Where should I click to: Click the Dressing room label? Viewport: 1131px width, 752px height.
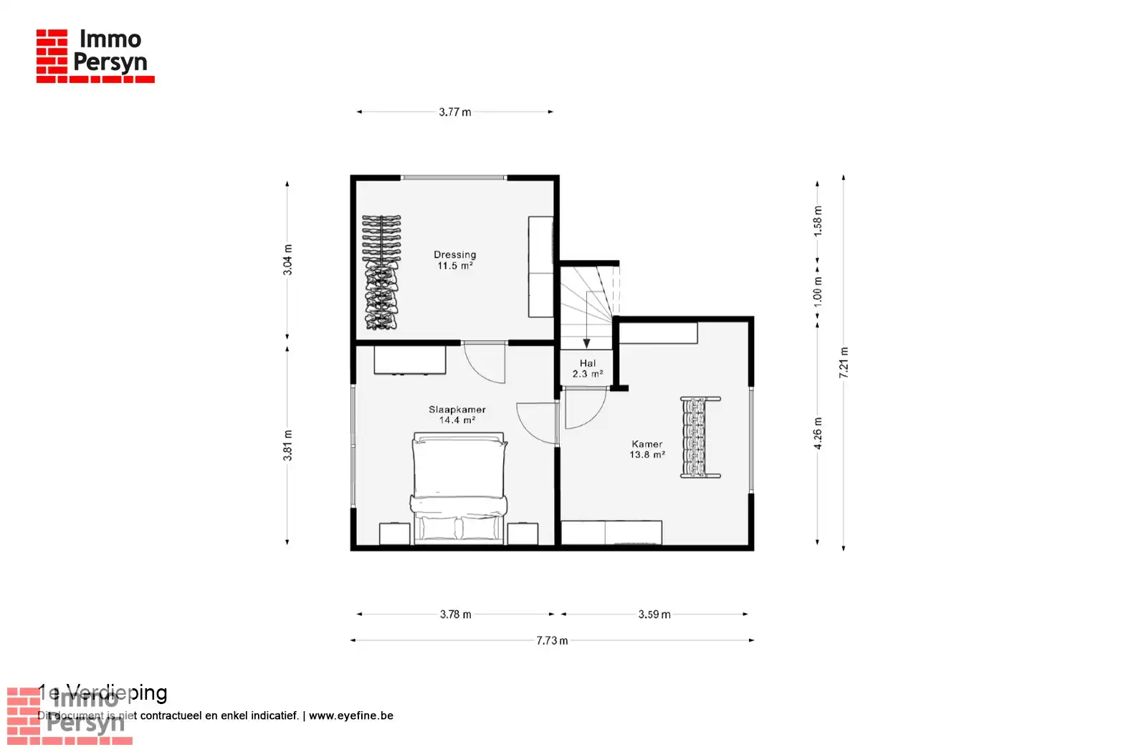coord(454,260)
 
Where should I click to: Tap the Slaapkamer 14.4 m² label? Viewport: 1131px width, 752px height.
coord(457,415)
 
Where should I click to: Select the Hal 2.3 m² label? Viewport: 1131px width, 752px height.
coord(587,368)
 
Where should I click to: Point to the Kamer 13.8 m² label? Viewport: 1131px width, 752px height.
coord(646,449)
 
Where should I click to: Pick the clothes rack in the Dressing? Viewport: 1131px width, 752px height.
coord(381,272)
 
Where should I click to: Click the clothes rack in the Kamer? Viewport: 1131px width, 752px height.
coord(700,437)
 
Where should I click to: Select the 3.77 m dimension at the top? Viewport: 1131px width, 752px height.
coord(455,112)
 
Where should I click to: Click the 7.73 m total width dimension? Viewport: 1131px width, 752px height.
coord(552,640)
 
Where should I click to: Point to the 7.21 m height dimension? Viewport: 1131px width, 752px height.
coord(844,362)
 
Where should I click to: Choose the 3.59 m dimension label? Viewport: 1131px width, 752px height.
coord(654,614)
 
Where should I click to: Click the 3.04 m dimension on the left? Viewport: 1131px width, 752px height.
coord(287,259)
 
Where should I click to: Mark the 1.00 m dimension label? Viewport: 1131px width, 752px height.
coord(818,291)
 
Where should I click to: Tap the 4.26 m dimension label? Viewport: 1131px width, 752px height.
coord(818,433)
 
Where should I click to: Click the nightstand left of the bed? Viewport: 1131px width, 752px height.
coord(394,534)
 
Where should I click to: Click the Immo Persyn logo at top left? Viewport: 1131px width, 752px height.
coord(95,56)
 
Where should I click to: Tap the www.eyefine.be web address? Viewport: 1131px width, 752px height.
coord(351,715)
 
